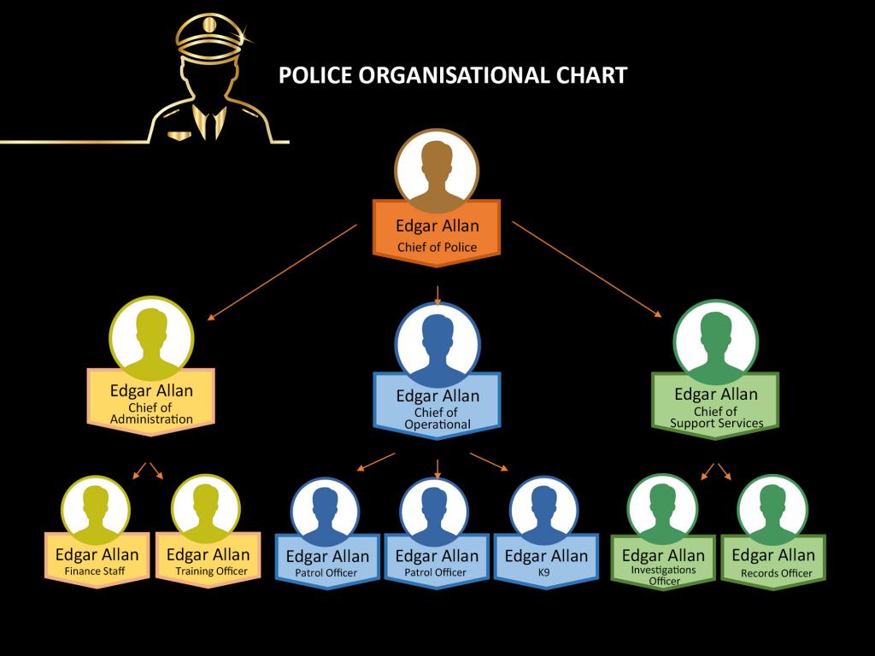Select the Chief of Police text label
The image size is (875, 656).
click(x=437, y=248)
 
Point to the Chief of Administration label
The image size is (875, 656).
click(x=151, y=413)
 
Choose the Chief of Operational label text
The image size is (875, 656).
click(x=437, y=419)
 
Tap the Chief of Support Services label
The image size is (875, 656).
click(x=716, y=418)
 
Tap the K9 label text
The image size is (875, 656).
click(x=545, y=572)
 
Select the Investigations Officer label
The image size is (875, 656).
click(x=664, y=575)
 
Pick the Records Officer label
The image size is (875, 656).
click(x=776, y=572)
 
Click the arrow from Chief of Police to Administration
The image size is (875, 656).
click(x=282, y=272)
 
